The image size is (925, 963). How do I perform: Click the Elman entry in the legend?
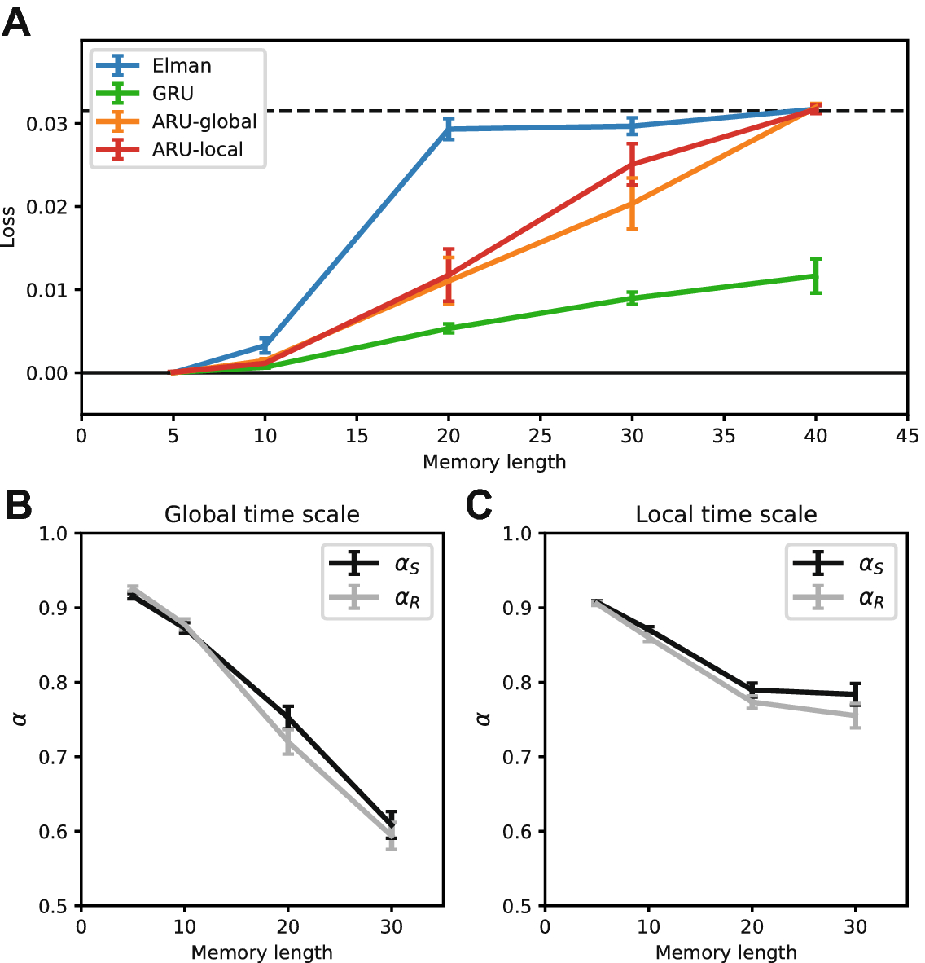click(x=182, y=66)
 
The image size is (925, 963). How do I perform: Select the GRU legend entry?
click(x=173, y=94)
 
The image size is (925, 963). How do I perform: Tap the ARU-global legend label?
click(x=204, y=121)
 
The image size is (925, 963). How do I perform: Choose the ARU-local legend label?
click(x=197, y=149)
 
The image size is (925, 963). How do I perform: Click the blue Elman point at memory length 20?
click(x=449, y=129)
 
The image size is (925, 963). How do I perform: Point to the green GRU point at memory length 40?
click(x=815, y=276)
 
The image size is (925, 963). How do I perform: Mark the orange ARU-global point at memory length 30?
click(x=632, y=203)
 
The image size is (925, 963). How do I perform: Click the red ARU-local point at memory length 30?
click(x=632, y=165)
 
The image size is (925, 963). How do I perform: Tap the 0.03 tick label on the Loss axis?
click(x=47, y=125)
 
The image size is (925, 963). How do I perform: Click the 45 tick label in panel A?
click(x=907, y=436)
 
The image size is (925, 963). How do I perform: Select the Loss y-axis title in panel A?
click(x=9, y=227)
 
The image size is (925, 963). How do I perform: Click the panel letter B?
click(x=18, y=506)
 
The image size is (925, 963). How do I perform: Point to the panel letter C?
click(x=479, y=506)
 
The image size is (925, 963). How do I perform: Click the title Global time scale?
click(x=261, y=515)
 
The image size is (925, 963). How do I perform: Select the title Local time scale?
click(x=726, y=515)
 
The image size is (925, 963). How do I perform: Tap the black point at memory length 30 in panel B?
click(x=392, y=824)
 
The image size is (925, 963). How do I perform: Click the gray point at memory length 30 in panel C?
click(x=855, y=715)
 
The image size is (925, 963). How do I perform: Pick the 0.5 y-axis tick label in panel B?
click(x=59, y=907)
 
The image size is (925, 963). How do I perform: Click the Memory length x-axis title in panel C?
click(x=726, y=952)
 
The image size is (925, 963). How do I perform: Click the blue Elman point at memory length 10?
click(x=265, y=345)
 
